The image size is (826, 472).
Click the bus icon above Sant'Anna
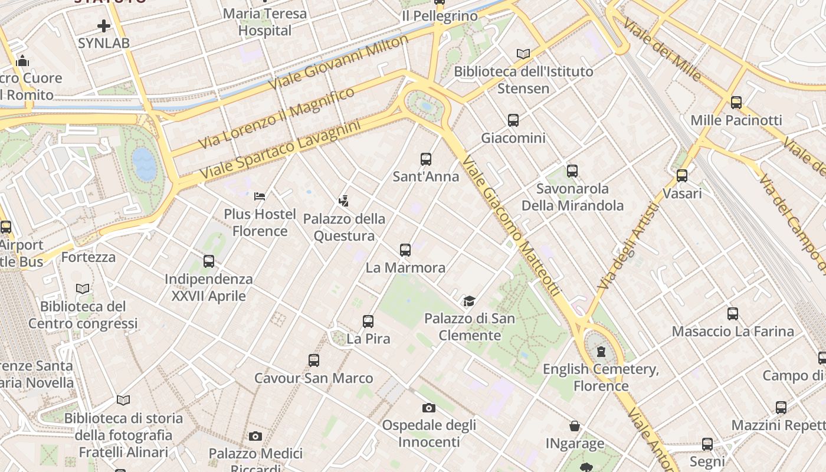click(x=426, y=159)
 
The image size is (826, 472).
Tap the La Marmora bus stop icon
click(x=405, y=250)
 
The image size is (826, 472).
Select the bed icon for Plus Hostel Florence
click(x=260, y=196)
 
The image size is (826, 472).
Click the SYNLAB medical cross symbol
click(x=104, y=26)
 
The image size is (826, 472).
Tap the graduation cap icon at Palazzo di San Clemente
click(x=469, y=301)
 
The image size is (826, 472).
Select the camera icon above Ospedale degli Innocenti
click(x=429, y=408)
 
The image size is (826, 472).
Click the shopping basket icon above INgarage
click(x=574, y=426)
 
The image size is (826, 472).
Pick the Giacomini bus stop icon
click(x=513, y=120)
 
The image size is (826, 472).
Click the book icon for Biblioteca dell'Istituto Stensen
click(x=523, y=54)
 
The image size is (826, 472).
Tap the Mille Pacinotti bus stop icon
click(x=736, y=103)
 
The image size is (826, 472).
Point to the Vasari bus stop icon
click(x=682, y=176)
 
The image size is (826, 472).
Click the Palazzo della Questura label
click(x=344, y=227)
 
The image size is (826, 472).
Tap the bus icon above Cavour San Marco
click(x=314, y=360)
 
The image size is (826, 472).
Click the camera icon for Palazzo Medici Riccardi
click(x=255, y=436)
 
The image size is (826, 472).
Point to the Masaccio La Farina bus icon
click(x=733, y=314)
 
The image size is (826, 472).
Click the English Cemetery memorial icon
click(x=601, y=352)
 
